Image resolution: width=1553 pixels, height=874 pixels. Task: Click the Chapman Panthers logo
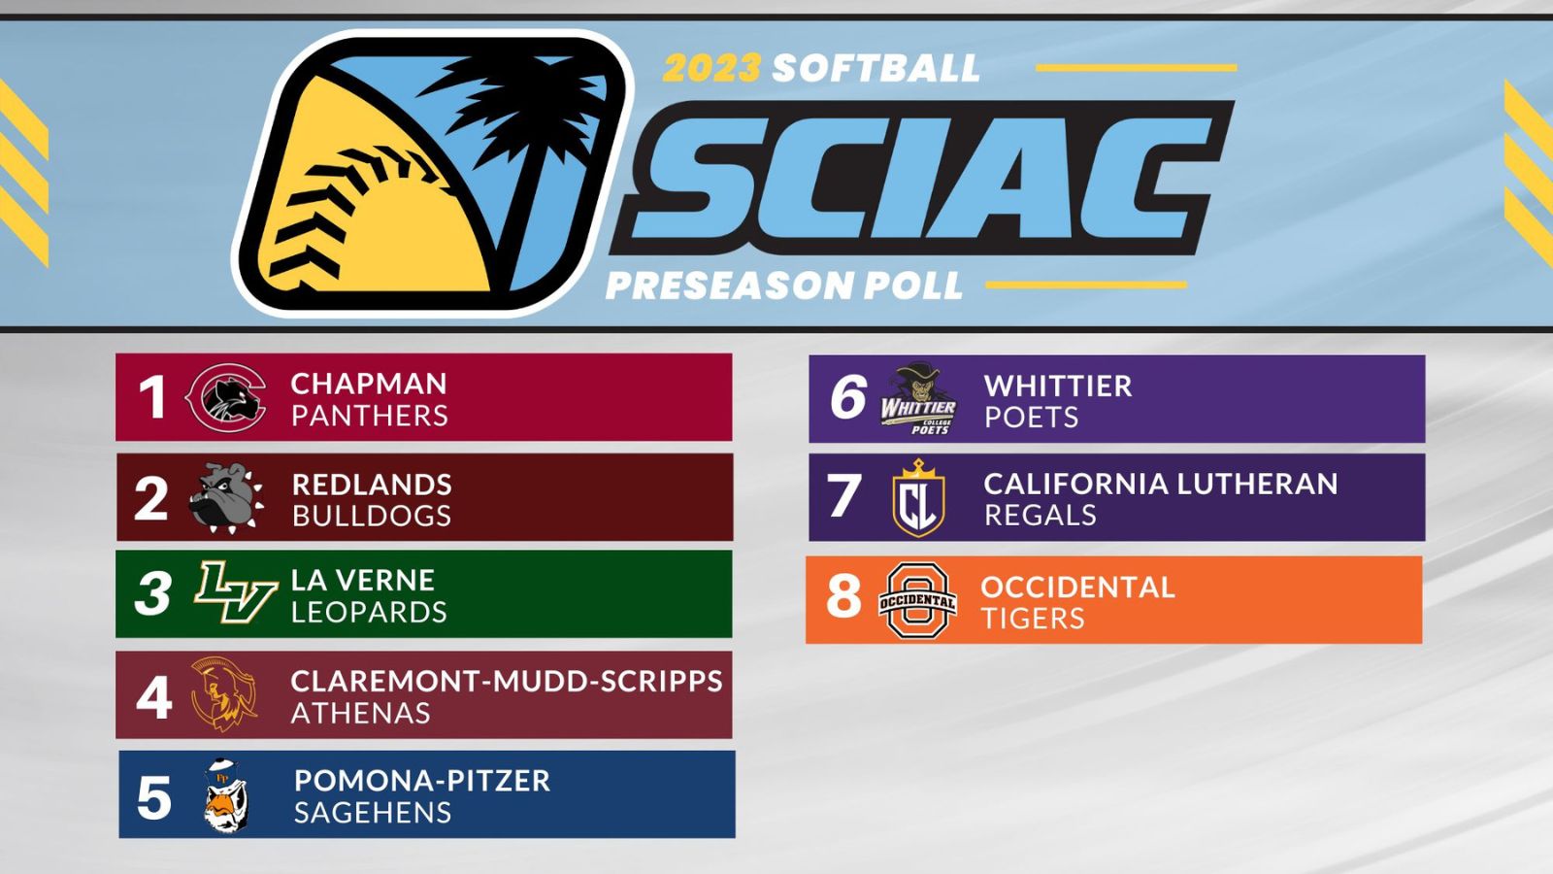coord(226,397)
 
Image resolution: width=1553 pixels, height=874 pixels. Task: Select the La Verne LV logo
coord(235,591)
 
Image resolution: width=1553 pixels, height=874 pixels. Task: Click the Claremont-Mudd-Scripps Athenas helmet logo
coord(223,694)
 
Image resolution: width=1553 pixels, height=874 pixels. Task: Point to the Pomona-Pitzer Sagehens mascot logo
coord(226,796)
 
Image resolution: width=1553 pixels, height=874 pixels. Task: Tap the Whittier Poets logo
coord(918,399)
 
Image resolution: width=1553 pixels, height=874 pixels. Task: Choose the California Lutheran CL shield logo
coord(918,498)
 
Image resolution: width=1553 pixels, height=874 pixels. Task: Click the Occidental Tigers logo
coord(917,600)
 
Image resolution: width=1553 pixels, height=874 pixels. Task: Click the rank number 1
coord(152,397)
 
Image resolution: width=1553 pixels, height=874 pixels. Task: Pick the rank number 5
coord(154,797)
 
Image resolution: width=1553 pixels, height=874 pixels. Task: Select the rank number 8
coord(843,596)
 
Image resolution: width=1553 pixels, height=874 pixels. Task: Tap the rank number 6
coord(847,397)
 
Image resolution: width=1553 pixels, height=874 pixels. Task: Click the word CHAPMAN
coord(369,384)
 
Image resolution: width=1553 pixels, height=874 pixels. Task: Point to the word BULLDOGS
coord(372,516)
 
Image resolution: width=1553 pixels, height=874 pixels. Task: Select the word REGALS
coord(1040,515)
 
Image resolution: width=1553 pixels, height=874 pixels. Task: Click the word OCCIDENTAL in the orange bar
coord(1077,587)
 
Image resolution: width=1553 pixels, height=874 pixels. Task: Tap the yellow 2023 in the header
coord(711,68)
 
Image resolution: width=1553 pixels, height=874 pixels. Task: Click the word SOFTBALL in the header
coord(876,68)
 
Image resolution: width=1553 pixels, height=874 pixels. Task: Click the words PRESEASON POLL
coord(784,286)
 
